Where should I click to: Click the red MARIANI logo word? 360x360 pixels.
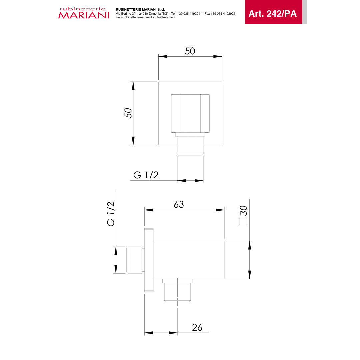click(x=84, y=15)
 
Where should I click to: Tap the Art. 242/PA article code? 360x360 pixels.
click(x=273, y=14)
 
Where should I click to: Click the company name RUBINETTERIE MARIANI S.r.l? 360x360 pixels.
click(x=140, y=10)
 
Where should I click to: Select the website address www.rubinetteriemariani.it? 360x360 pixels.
click(x=134, y=17)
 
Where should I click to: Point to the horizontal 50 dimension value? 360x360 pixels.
click(x=190, y=51)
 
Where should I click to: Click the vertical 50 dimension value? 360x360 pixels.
click(x=128, y=113)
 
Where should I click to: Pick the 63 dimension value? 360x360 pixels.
click(x=179, y=204)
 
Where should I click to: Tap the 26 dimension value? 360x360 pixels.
click(x=197, y=327)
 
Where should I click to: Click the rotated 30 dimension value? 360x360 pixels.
click(x=243, y=211)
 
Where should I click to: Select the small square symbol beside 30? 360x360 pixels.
click(x=242, y=222)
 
